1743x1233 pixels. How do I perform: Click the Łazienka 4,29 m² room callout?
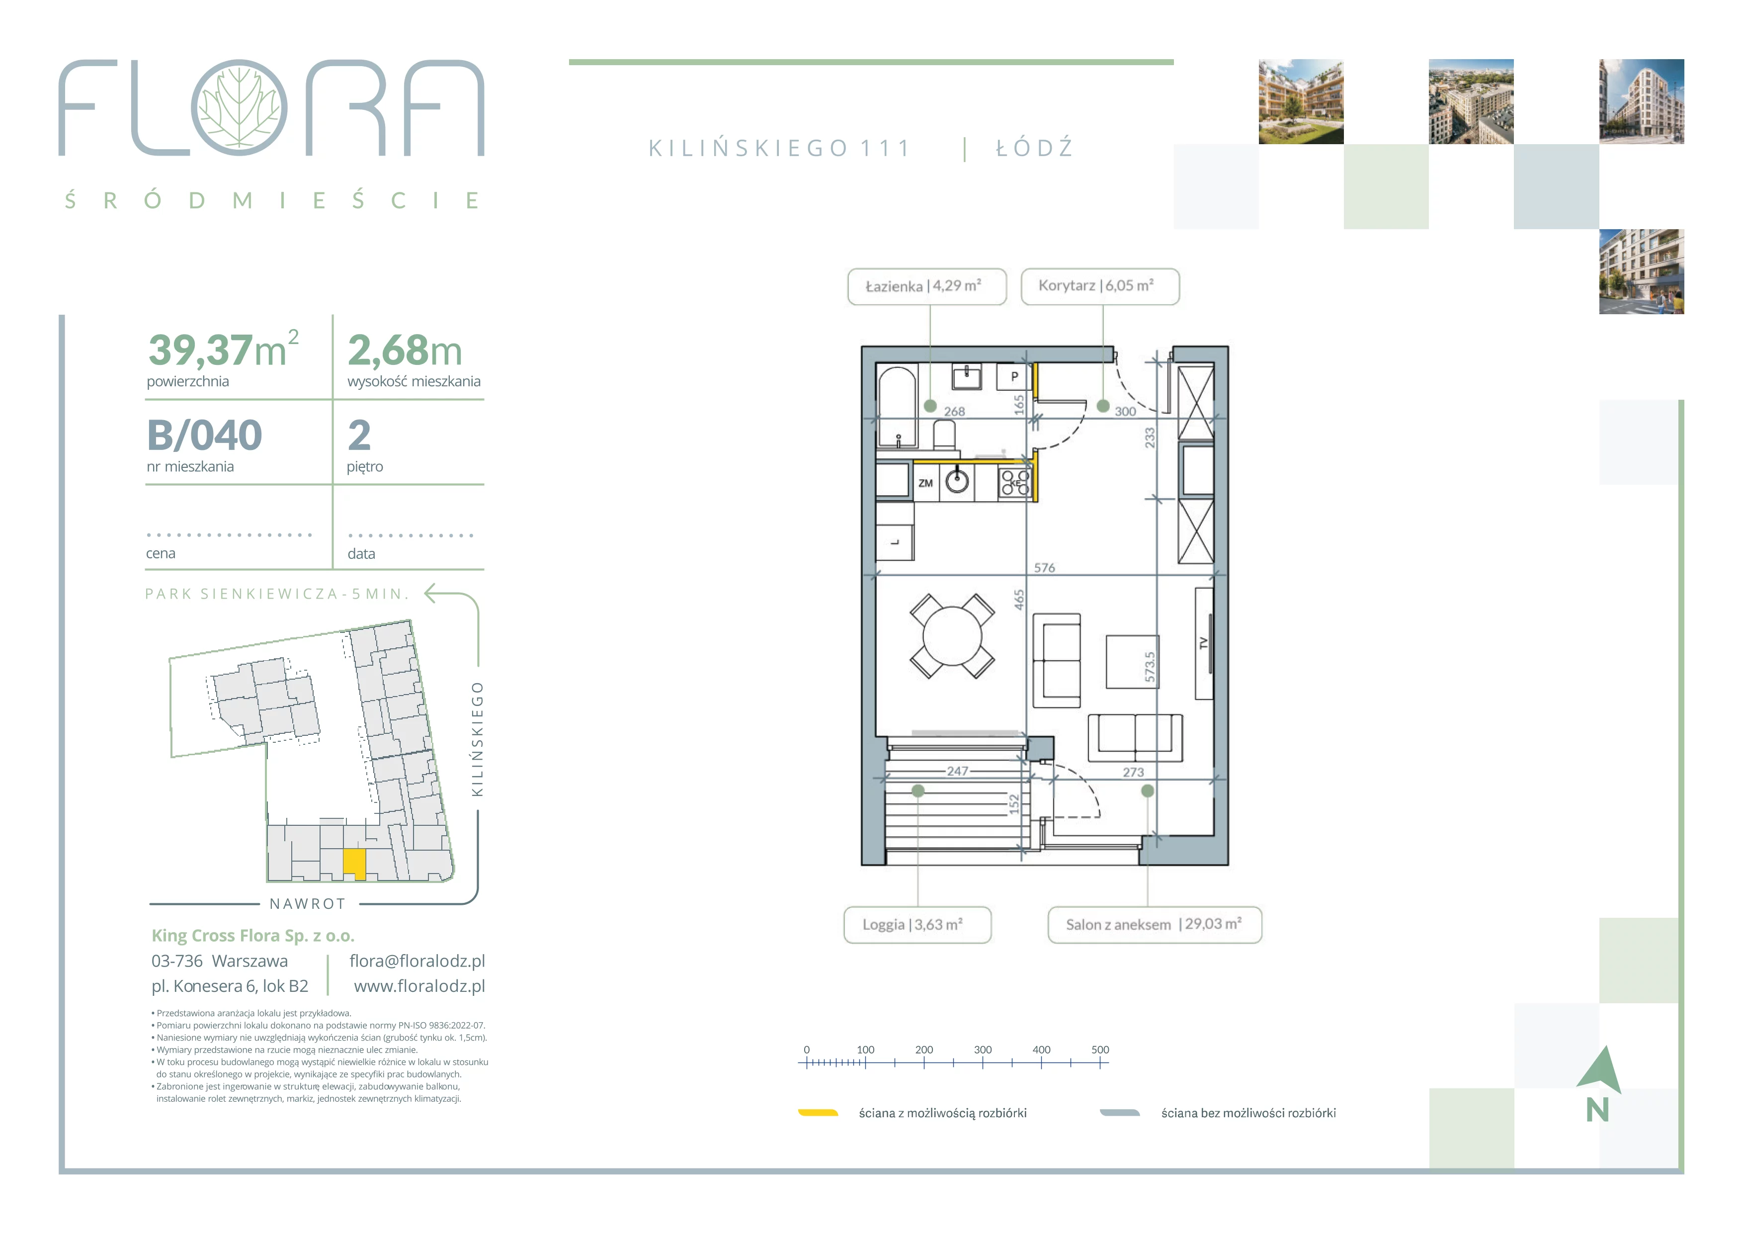(x=927, y=286)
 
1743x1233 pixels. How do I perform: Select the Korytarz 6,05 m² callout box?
(x=1100, y=286)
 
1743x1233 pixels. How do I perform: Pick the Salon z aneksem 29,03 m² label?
(x=1155, y=925)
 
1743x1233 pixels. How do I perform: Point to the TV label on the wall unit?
(x=1202, y=643)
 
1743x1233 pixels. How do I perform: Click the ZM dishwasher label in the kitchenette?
(x=925, y=483)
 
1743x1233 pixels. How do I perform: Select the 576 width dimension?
(x=1045, y=568)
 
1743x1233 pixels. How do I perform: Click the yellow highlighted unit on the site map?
(x=354, y=863)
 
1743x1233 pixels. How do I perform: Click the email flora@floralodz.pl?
(x=417, y=961)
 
